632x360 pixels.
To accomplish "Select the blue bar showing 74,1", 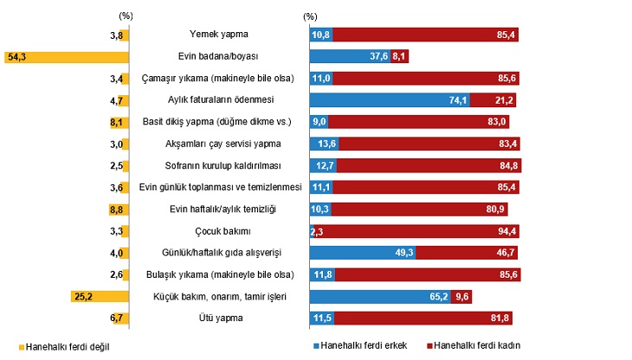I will coord(390,100).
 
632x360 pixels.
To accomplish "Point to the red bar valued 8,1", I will coord(400,56).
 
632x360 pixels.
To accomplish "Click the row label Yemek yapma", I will coord(219,35).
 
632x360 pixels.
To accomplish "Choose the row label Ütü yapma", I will coord(220,318).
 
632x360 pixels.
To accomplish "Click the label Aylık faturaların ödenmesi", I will coord(220,100).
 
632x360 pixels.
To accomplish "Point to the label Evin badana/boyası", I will coord(220,56).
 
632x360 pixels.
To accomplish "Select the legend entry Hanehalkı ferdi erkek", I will coord(364,345).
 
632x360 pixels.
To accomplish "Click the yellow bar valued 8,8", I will coord(124,209).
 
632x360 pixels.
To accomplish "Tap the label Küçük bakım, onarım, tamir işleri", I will coord(220,296).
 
